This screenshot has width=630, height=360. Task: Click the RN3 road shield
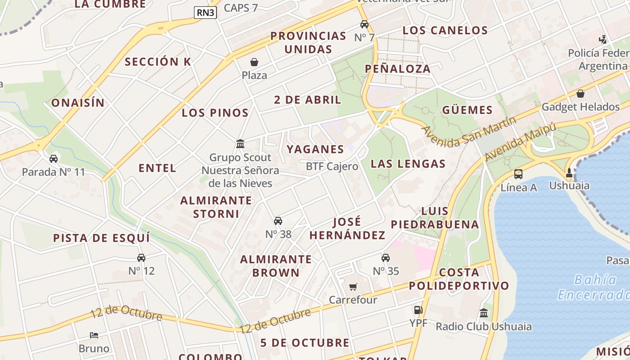pyautogui.click(x=206, y=13)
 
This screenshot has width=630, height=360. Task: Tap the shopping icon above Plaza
pyautogui.click(x=254, y=62)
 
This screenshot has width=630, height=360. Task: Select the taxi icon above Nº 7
pyautogui.click(x=364, y=24)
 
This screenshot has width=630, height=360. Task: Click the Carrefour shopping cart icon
pyautogui.click(x=353, y=287)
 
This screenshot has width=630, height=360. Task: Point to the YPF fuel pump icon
pyautogui.click(x=418, y=310)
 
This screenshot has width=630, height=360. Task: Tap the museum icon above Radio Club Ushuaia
pyautogui.click(x=484, y=313)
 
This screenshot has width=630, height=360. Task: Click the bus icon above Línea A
pyautogui.click(x=518, y=174)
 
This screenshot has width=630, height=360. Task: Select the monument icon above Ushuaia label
pyautogui.click(x=569, y=172)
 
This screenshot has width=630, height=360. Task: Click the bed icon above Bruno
pyautogui.click(x=94, y=335)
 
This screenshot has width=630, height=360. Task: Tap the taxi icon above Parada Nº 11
pyautogui.click(x=54, y=159)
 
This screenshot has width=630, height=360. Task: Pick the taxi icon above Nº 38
pyautogui.click(x=278, y=221)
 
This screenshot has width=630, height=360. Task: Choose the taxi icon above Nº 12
pyautogui.click(x=141, y=258)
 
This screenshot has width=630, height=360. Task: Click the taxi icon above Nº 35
pyautogui.click(x=386, y=258)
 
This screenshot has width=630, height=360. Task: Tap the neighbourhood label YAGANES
pyautogui.click(x=315, y=149)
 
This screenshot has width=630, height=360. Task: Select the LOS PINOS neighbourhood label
pyautogui.click(x=215, y=113)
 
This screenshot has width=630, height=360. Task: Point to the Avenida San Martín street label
pyautogui.click(x=469, y=132)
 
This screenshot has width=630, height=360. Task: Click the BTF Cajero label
pyautogui.click(x=332, y=166)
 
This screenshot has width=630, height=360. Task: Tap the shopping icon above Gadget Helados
pyautogui.click(x=580, y=94)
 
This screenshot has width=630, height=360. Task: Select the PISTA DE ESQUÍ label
pyautogui.click(x=102, y=238)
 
